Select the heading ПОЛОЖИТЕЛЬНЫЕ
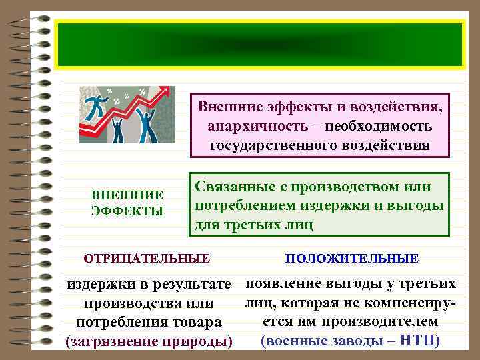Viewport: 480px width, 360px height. click(x=352, y=258)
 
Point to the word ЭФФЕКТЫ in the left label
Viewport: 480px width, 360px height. click(x=127, y=211)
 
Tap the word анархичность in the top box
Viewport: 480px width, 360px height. click(x=247, y=126)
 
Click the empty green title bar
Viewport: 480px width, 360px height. click(x=260, y=45)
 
